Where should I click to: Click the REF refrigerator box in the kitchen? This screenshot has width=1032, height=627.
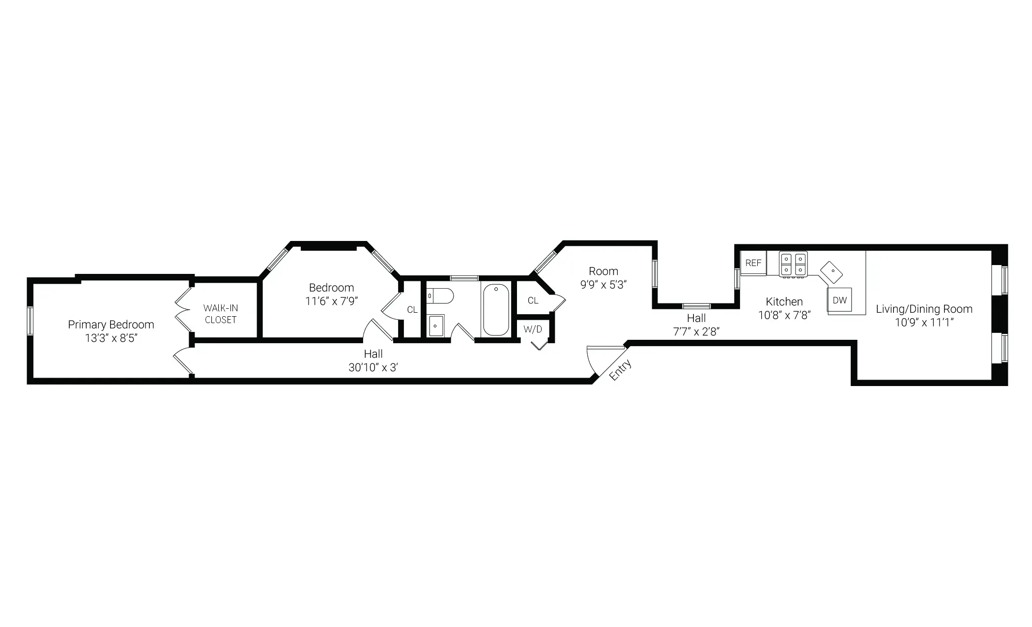tap(753, 263)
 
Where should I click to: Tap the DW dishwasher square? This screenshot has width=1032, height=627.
tap(840, 300)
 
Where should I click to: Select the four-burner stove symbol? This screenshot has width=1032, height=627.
tap(793, 264)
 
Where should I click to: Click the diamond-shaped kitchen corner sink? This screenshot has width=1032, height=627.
tap(831, 272)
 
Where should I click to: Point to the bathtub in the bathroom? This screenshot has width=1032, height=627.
tap(496, 309)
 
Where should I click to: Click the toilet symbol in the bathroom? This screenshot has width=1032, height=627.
tap(440, 296)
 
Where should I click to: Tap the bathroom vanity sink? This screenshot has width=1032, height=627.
tap(435, 326)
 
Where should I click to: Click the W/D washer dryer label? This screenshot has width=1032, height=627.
tap(533, 329)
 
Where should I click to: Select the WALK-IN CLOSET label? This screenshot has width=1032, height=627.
tap(221, 314)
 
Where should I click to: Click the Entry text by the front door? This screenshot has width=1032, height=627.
tap(620, 370)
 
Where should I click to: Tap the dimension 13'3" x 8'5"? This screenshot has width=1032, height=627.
tap(111, 338)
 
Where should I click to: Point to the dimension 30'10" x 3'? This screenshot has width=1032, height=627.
tap(373, 367)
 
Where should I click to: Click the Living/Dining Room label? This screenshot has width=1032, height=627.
tap(924, 309)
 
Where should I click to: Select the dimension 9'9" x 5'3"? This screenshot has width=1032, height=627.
tap(603, 285)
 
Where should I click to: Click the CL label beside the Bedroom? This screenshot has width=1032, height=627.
tap(412, 310)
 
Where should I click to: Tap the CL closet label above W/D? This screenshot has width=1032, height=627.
tap(533, 300)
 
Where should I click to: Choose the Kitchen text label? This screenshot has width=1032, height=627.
tap(784, 301)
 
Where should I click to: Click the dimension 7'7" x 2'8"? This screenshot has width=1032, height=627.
tap(696, 331)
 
